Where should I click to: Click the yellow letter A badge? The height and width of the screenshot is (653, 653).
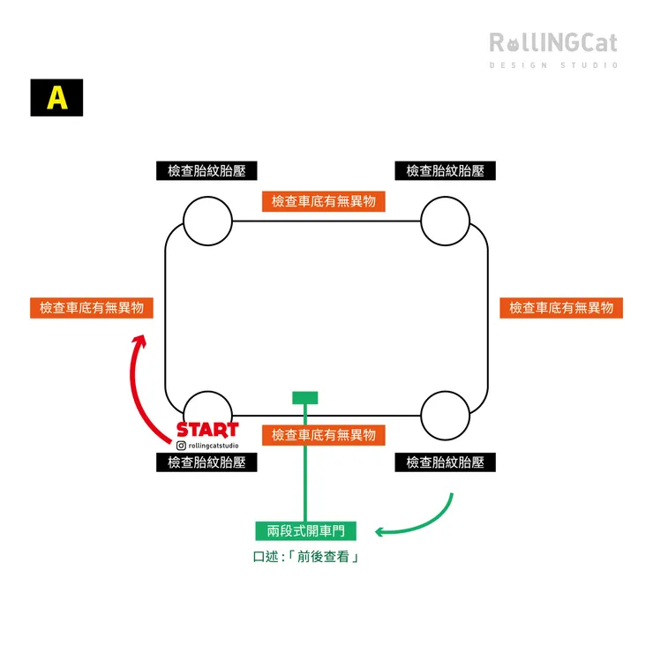[x=56, y=98]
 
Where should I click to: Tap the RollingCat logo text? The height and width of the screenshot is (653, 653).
[x=553, y=42]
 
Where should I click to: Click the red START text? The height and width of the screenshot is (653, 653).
[x=207, y=430]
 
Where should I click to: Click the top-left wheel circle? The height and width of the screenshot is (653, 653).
[x=207, y=221]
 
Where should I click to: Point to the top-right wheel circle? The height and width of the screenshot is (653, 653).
[x=446, y=221]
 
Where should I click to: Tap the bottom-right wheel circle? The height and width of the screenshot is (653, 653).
[x=446, y=413]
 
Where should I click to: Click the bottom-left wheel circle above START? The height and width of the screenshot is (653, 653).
[x=207, y=408]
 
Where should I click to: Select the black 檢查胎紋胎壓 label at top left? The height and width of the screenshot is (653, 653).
[x=206, y=171]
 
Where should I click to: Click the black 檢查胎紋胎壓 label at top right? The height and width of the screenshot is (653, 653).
[x=445, y=171]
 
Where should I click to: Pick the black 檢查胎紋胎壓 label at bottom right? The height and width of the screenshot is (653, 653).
[x=445, y=462]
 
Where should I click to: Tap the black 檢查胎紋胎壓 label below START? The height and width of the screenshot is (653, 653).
[x=206, y=462]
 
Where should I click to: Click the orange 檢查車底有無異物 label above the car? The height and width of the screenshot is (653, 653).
[x=324, y=201]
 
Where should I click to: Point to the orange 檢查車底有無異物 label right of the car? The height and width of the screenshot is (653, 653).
[x=561, y=308]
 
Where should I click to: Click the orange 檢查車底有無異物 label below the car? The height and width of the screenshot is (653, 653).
[x=324, y=435]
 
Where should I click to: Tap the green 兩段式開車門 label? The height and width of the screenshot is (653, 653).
[x=305, y=531]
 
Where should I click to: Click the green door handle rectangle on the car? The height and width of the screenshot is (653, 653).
[x=305, y=398]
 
